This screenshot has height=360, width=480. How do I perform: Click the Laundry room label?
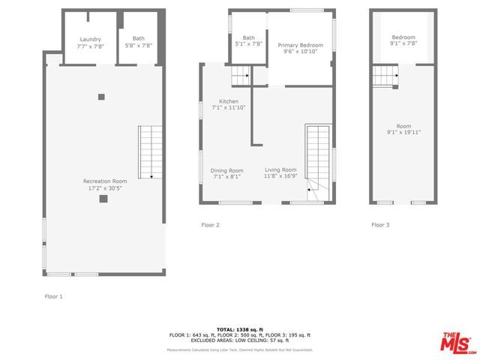(x=90, y=42)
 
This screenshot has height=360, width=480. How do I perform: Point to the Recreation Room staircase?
(x=151, y=152)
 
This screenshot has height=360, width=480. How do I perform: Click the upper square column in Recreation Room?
(x=101, y=96)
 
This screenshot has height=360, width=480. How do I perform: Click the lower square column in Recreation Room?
(x=103, y=199)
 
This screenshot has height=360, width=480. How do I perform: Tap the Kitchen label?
(x=229, y=104)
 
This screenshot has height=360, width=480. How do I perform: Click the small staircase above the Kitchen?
(x=240, y=75)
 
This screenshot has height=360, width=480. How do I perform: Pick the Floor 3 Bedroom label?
(x=403, y=40)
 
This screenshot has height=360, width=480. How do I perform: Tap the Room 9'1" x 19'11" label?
(x=403, y=129)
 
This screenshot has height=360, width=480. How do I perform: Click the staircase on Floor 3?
(x=385, y=76)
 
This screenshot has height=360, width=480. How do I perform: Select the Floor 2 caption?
(x=211, y=224)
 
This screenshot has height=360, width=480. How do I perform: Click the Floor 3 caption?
(x=380, y=224)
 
